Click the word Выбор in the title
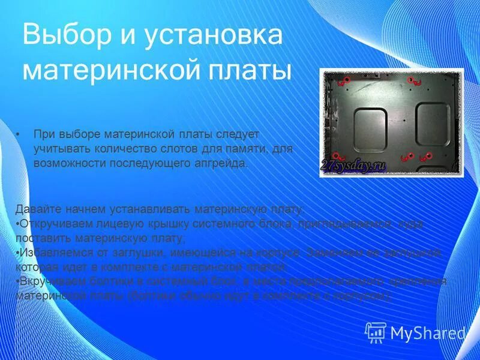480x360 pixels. point(65,35)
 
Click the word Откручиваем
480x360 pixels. point(53,224)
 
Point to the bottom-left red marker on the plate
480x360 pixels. point(337,155)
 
